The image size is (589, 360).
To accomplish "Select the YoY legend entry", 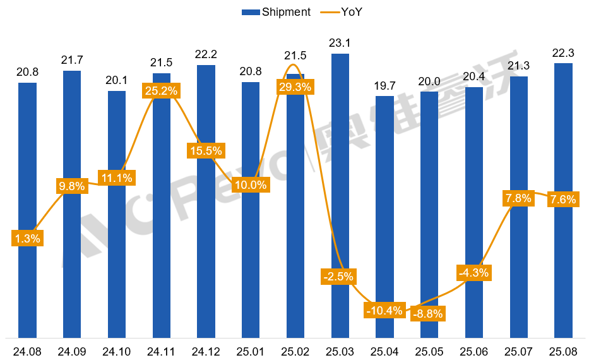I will click(341, 12).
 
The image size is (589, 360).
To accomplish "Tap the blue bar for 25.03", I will click(340, 189).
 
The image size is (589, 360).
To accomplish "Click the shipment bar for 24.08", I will click(28, 208).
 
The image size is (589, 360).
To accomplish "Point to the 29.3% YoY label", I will click(295, 87).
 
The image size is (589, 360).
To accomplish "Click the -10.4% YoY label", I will click(384, 310).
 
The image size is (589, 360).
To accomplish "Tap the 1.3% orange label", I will click(27, 238).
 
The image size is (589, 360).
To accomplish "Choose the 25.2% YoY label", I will click(162, 90).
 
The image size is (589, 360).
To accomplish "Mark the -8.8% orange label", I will click(428, 313).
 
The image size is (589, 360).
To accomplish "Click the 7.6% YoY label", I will click(562, 200).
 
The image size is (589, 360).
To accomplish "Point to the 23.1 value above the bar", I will click(340, 44).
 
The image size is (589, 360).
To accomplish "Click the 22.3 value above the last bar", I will click(562, 53).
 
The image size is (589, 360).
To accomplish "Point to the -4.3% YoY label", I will click(473, 273).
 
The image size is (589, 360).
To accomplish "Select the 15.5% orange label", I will click(206, 151).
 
